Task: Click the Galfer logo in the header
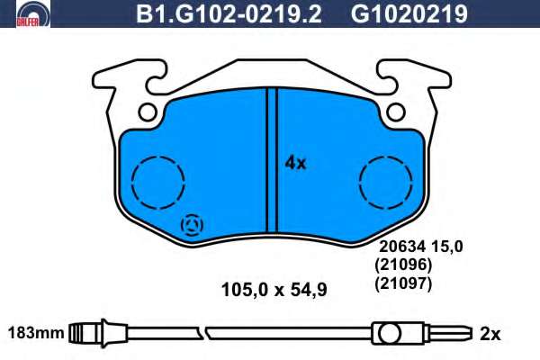tap(33, 13)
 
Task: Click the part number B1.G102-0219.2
tap(229, 14)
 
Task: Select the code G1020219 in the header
tap(409, 14)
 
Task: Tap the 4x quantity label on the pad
tap(295, 163)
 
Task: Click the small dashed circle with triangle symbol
tap(193, 225)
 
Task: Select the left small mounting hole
tap(148, 112)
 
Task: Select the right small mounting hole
tap(395, 112)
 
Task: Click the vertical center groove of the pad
tap(272, 160)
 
